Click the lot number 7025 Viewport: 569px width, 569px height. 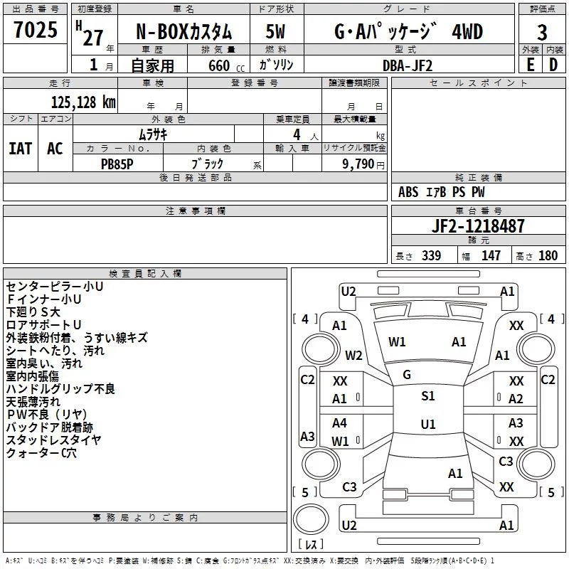(x=36, y=30)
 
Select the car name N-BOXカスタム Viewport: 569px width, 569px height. (x=183, y=33)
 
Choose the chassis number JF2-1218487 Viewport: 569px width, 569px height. (x=478, y=226)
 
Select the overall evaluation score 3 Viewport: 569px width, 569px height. (x=542, y=32)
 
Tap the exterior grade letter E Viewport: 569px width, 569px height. (x=530, y=65)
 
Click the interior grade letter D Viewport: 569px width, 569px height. (x=553, y=65)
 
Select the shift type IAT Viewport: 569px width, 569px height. (x=20, y=148)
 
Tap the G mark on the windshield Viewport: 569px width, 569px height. (x=407, y=374)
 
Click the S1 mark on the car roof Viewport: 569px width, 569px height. (x=427, y=396)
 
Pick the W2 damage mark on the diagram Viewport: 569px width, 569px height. (x=353, y=355)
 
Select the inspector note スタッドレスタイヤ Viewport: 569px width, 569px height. (x=53, y=440)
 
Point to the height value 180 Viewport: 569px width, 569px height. (x=548, y=256)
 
